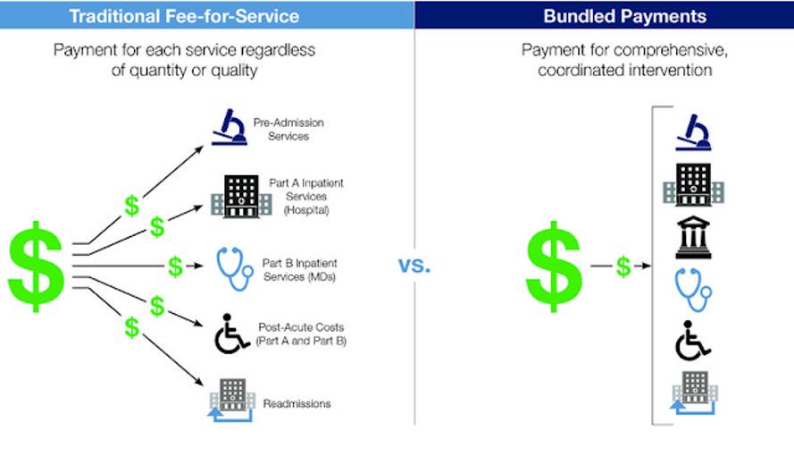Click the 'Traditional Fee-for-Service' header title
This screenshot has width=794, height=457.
184,16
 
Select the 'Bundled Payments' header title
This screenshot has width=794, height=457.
625,16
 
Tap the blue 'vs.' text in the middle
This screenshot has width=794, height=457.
414,265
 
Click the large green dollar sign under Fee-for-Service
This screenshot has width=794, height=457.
36,267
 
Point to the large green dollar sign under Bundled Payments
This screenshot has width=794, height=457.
554,267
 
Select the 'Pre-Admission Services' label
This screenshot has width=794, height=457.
288,130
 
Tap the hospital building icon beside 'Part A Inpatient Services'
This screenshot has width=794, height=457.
241,196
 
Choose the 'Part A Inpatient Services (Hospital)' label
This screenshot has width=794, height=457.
306,196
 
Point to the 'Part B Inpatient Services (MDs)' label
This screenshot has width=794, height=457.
300,270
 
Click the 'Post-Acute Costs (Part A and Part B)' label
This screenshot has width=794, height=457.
301,334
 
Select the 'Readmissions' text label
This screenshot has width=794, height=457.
297,403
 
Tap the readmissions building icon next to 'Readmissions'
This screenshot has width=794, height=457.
232,400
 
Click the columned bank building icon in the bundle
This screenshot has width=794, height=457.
693,237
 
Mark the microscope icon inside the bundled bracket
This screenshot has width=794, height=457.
693,132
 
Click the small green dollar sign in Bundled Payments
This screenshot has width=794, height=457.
623,267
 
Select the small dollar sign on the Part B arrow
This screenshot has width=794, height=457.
175,267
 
